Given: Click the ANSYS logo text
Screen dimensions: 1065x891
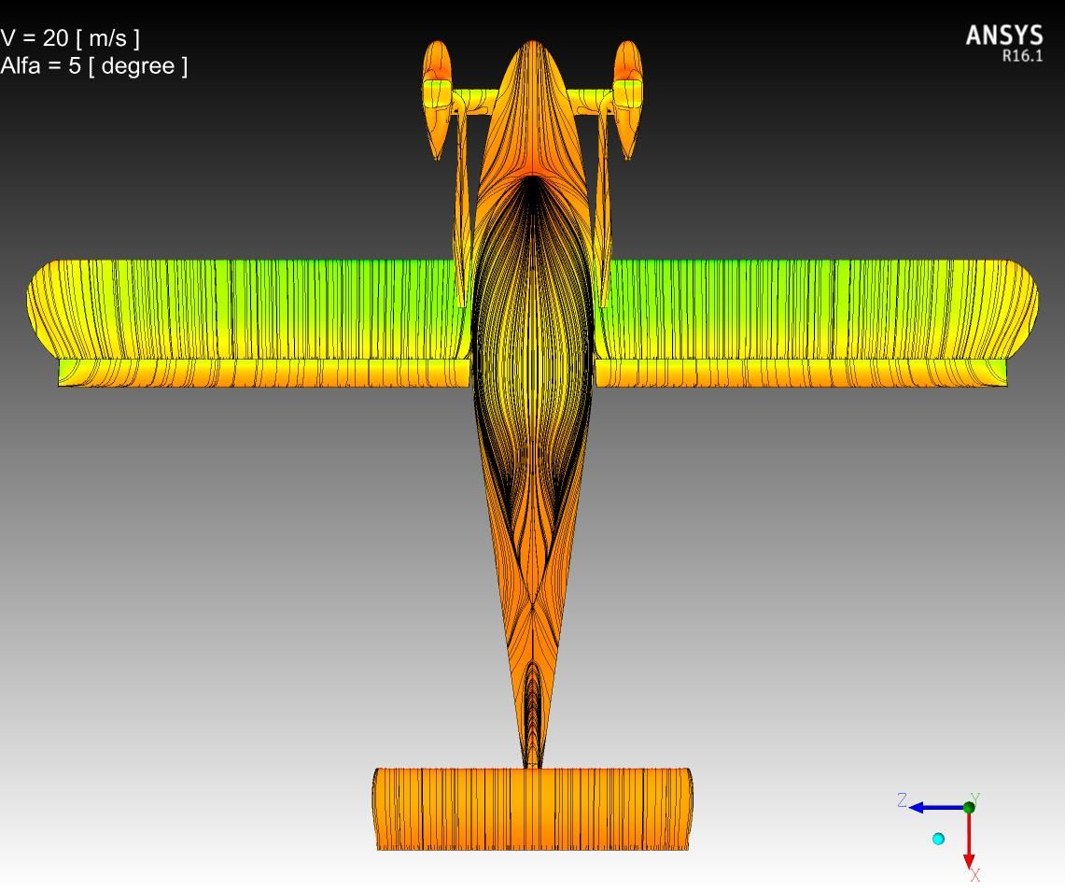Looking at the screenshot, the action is pyautogui.click(x=1004, y=35).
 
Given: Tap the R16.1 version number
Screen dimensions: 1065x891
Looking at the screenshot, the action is pyautogui.click(x=1022, y=56).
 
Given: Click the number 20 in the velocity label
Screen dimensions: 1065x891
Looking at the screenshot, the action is pyautogui.click(x=56, y=37).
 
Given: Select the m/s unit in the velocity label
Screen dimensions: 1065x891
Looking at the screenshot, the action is pyautogui.click(x=108, y=38).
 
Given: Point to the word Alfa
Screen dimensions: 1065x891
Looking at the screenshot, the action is pyautogui.click(x=21, y=66).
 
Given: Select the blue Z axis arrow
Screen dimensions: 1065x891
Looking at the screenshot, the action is pyautogui.click(x=937, y=807).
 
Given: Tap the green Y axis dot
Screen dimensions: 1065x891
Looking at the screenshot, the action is pyautogui.click(x=969, y=807).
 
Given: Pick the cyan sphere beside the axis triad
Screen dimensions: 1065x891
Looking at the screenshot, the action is pyautogui.click(x=939, y=839).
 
